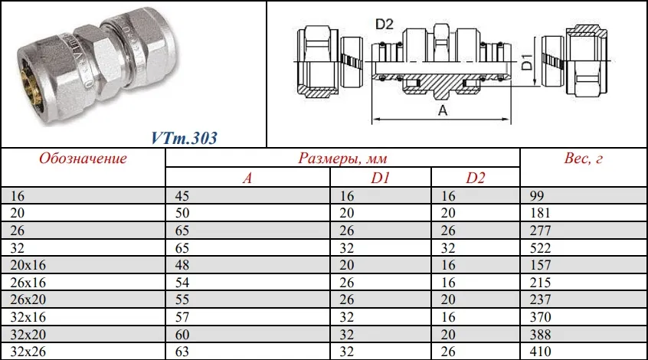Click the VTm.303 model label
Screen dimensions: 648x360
(184, 138)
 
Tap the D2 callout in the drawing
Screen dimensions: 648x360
(384, 25)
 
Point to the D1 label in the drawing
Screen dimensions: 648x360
(526, 62)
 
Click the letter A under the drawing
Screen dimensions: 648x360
(443, 110)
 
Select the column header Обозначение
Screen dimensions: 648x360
(83, 159)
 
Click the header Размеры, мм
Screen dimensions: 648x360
(342, 159)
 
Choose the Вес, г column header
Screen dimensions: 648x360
(583, 159)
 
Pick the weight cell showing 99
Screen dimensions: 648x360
(537, 195)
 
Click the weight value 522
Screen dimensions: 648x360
(540, 248)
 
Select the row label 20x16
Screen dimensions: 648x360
(28, 265)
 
